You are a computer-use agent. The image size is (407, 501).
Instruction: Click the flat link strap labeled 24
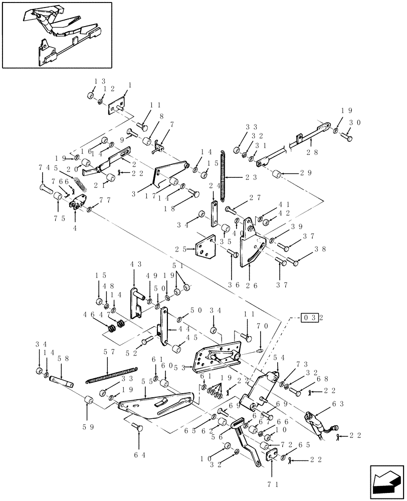214,213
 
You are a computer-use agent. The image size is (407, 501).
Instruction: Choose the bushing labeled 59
89,401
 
